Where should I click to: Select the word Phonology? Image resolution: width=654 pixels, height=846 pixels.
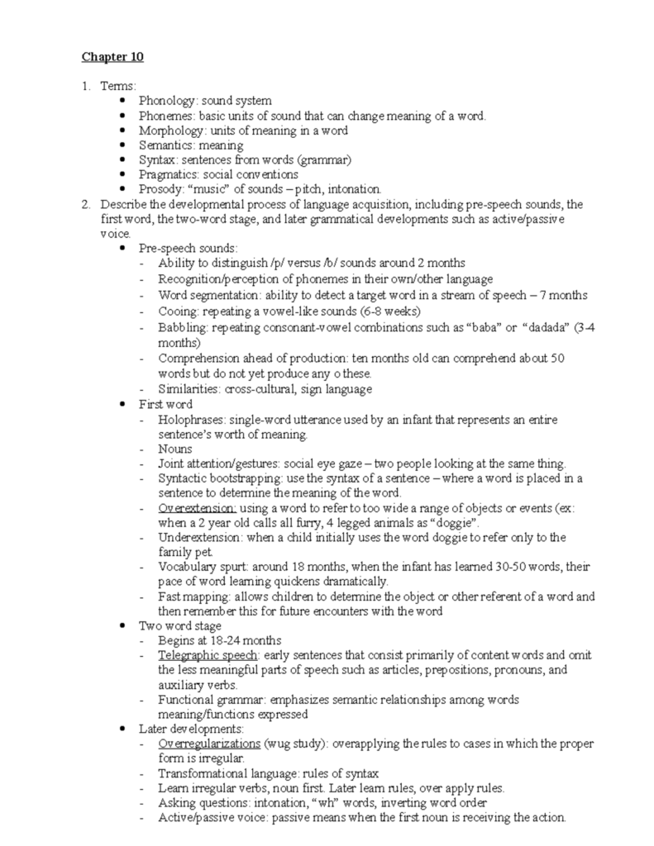(166, 101)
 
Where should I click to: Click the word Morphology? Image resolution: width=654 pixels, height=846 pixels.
(169, 131)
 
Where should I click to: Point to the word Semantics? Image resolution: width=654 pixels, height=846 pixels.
(165, 145)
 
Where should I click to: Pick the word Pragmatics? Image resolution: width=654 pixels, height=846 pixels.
(168, 174)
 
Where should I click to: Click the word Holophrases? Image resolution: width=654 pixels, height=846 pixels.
(189, 420)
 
